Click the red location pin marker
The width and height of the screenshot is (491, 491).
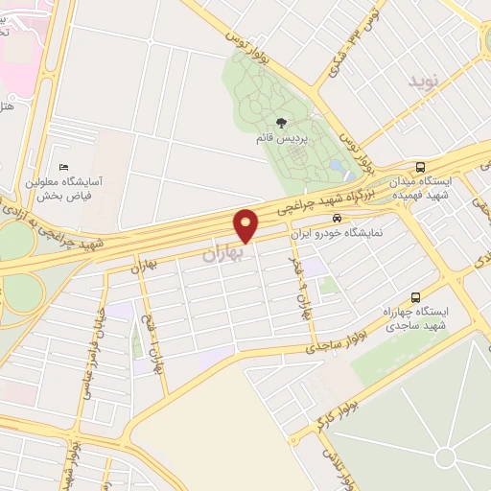(247, 225)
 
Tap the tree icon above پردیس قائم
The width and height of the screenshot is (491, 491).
(281, 122)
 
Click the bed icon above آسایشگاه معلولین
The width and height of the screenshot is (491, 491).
(63, 167)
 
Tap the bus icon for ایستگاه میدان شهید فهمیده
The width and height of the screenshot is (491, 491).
(421, 165)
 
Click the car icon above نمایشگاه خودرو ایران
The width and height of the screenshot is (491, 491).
(336, 218)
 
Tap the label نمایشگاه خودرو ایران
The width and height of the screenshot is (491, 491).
(341, 233)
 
